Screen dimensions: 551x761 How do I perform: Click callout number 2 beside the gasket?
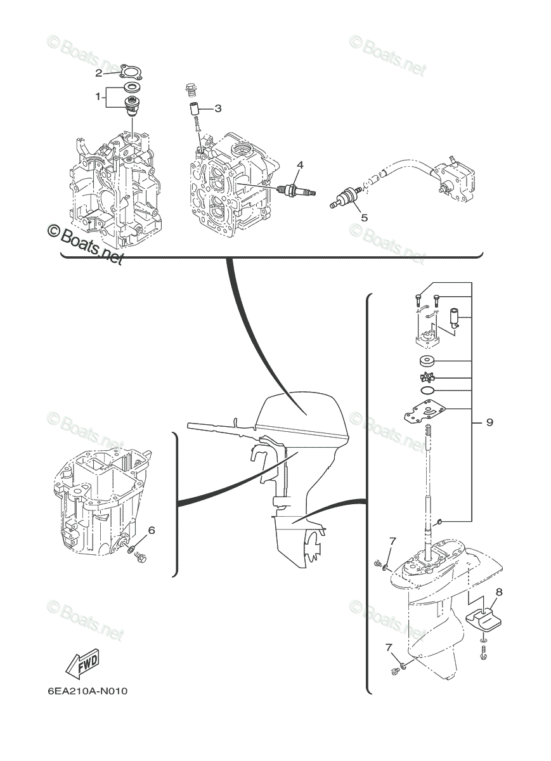(x=98, y=73)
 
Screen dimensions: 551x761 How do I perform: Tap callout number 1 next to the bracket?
(x=98, y=97)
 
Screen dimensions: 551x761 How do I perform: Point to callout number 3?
(x=217, y=108)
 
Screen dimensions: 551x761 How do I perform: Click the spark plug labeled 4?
(x=296, y=190)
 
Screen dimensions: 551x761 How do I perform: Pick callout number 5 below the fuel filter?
(x=364, y=218)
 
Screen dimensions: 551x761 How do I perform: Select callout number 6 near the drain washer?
(x=152, y=530)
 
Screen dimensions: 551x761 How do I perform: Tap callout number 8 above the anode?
(x=498, y=592)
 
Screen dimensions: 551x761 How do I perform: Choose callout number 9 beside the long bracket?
(x=489, y=422)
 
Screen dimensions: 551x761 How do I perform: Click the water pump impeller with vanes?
(x=427, y=377)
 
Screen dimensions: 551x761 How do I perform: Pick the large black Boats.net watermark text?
(x=85, y=244)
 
